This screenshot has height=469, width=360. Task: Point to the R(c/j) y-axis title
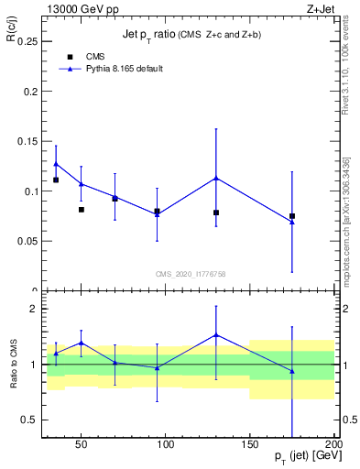pos(14,36)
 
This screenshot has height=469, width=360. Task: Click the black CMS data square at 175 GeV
pos(292,216)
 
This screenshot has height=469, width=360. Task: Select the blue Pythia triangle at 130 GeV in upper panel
pos(216,178)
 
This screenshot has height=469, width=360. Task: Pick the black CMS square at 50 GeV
pos(82,210)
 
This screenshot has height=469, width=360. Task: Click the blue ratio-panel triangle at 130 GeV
pos(216,335)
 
